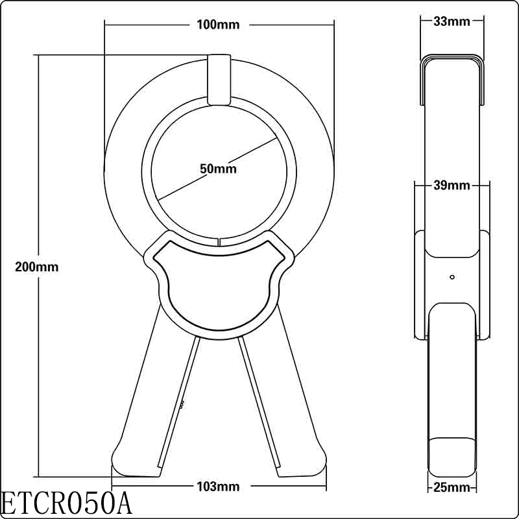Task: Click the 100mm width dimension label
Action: click(x=218, y=25)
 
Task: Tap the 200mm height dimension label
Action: click(x=38, y=267)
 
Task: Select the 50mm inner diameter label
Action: click(x=218, y=169)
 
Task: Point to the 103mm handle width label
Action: click(x=218, y=486)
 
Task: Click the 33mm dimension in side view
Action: click(x=452, y=21)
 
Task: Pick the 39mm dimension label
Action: click(x=452, y=186)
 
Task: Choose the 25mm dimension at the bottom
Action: click(x=452, y=487)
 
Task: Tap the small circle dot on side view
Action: click(x=452, y=277)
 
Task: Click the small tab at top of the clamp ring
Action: click(x=219, y=79)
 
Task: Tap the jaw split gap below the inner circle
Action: click(x=219, y=242)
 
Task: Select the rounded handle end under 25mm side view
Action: click(x=452, y=457)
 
